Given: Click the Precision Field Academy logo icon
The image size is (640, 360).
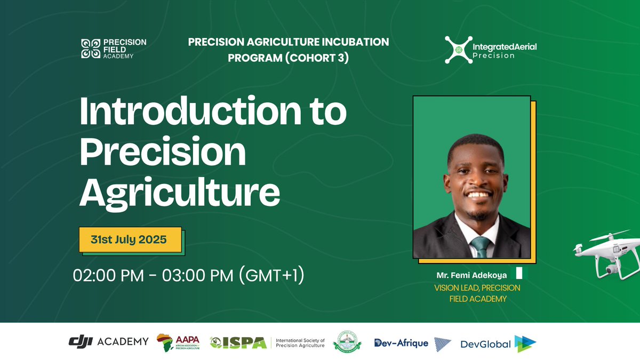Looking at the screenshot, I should [90, 49].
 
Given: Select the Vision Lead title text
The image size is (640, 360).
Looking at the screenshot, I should [477, 293].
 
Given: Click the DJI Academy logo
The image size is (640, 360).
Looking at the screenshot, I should [108, 341].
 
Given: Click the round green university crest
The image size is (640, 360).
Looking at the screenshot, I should [347, 342].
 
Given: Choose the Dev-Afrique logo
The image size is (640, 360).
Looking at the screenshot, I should [401, 343].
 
